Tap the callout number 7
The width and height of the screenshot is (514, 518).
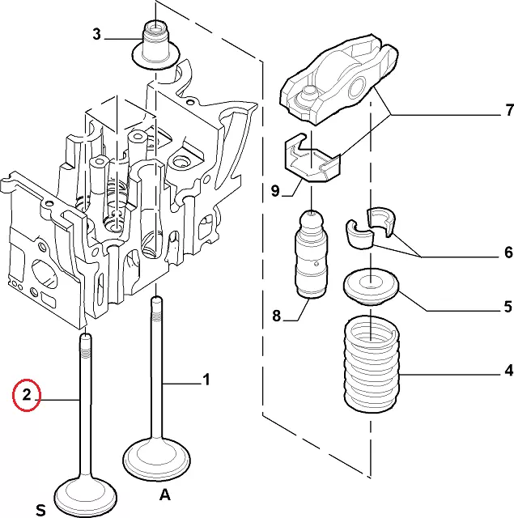coord(508,110)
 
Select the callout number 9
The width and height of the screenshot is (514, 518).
coord(275,192)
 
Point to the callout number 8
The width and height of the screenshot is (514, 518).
coord(276,316)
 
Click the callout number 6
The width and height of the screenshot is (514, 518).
coord(508,253)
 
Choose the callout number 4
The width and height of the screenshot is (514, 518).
coord(508,372)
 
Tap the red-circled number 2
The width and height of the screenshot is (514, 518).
coord(26,395)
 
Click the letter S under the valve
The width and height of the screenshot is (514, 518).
coord(40,509)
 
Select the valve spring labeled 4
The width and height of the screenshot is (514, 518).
coord(372,364)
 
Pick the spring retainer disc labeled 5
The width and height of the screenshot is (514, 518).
coord(371,287)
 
